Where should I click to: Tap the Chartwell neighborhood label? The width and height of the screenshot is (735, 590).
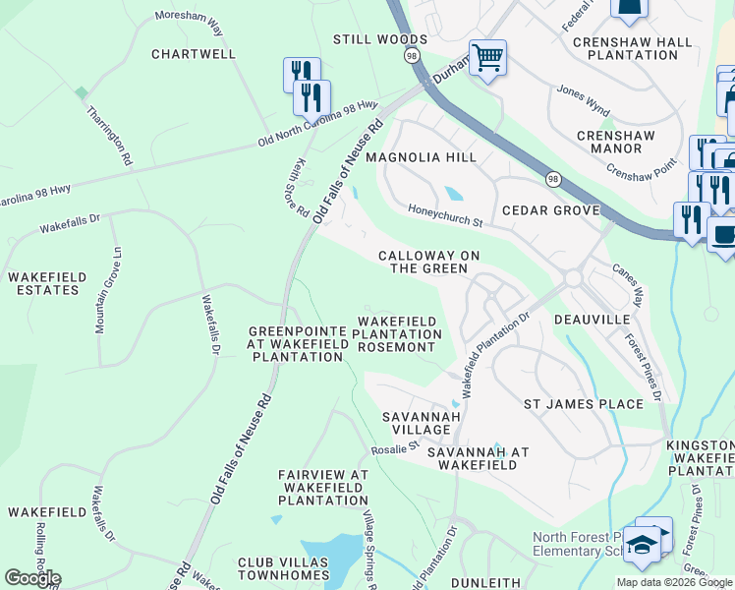(194, 54)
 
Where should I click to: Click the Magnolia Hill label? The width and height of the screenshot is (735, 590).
(421, 157)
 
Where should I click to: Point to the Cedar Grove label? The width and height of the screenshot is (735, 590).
(550, 210)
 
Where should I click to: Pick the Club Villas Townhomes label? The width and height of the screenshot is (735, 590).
(282, 569)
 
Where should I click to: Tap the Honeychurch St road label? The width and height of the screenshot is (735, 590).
(446, 214)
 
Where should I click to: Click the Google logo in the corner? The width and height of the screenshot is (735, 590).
(33, 578)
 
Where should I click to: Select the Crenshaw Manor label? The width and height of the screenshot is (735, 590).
(623, 143)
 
